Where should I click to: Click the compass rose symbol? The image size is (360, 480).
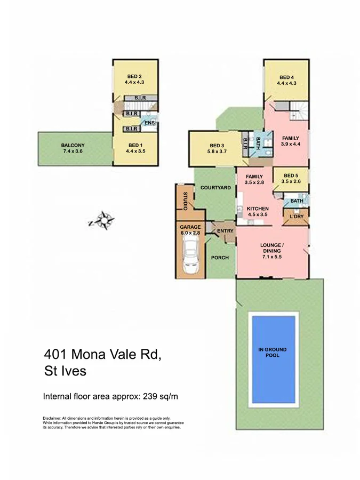103,220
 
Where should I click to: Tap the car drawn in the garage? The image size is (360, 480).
190,255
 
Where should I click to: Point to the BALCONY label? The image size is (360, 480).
73,145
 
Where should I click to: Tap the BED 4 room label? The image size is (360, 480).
286,77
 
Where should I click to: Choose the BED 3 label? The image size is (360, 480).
216,146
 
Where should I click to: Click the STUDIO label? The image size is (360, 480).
185,200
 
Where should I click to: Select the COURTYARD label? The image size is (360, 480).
215,188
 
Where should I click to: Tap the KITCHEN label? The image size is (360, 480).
258,209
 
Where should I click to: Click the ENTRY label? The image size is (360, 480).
226,230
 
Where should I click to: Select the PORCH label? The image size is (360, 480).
220,258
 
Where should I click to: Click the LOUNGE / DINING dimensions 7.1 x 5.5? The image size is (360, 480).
271,257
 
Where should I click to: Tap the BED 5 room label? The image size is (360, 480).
291,175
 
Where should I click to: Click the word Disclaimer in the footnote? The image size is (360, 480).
52,417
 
